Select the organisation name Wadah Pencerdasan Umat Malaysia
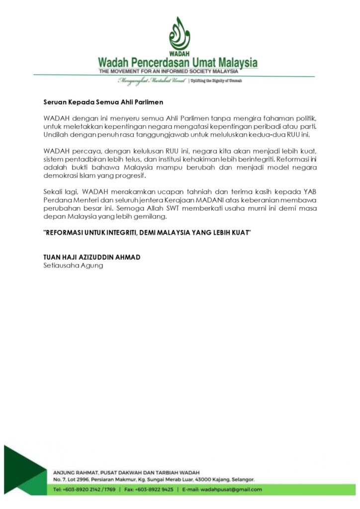[178, 63]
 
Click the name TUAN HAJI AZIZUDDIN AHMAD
[92, 257]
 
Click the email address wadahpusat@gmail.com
[236, 489]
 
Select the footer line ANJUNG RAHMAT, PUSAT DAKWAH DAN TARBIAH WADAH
[127, 471]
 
